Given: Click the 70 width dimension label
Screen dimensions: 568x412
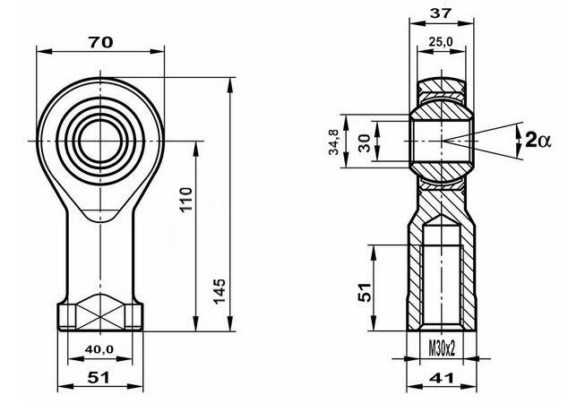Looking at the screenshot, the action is (x=100, y=43).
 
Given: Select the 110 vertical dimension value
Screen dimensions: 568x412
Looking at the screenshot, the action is (x=186, y=200).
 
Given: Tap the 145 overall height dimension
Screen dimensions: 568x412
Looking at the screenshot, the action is (x=219, y=291).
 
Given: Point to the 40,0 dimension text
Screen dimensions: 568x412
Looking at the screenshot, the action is (x=99, y=349).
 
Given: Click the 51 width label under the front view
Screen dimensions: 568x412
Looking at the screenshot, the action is (x=99, y=378).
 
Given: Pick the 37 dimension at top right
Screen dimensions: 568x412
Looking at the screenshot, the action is (x=441, y=13).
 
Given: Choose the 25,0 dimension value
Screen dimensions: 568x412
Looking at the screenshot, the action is (x=441, y=42).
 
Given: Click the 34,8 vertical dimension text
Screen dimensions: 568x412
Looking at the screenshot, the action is (x=333, y=142).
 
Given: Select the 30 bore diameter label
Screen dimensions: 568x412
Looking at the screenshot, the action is (x=365, y=142).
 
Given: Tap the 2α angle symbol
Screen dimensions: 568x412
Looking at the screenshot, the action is (x=538, y=140).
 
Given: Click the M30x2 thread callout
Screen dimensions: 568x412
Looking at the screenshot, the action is (x=442, y=348).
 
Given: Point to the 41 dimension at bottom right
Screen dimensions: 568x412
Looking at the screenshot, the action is (x=441, y=378).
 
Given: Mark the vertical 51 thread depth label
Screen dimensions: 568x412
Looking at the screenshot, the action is (x=365, y=292).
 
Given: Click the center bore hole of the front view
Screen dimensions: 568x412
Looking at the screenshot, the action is (x=100, y=141).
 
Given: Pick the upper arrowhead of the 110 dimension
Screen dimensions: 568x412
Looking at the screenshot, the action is (x=196, y=149).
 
